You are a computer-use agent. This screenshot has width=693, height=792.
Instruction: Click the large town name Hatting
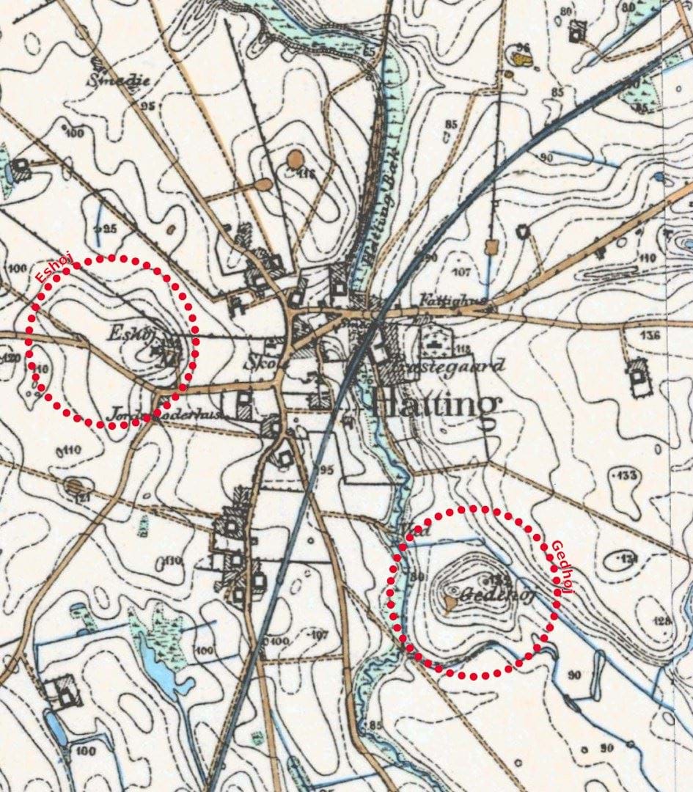pos(437,406)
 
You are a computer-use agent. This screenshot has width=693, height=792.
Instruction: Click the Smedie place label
pos(118,80)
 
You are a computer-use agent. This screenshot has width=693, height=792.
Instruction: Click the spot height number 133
pos(627,476)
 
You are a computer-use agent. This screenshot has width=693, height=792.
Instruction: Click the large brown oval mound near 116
pos(296,158)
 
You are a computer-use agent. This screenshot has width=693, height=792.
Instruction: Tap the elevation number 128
pos(664,620)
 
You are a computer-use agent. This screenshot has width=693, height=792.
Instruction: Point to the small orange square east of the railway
pos(491,247)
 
